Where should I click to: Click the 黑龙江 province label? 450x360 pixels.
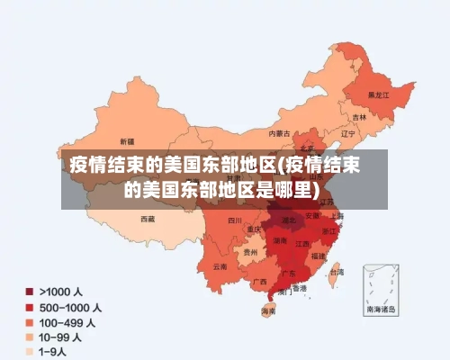pyautogui.click(x=379, y=94)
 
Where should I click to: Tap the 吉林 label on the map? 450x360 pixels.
pyautogui.click(x=359, y=117)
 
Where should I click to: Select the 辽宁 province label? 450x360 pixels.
pyautogui.click(x=349, y=133)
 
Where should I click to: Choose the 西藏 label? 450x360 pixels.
pyautogui.click(x=148, y=219)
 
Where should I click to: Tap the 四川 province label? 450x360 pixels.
pyautogui.click(x=235, y=220)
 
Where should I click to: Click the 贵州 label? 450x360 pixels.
pyautogui.click(x=250, y=253)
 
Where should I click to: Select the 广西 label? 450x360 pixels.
pyautogui.click(x=260, y=282)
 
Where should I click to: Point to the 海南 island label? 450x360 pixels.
pyautogui.click(x=268, y=311)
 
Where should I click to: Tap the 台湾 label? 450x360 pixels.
pyautogui.click(x=337, y=271)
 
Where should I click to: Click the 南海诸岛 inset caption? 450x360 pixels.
pyautogui.click(x=380, y=308)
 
